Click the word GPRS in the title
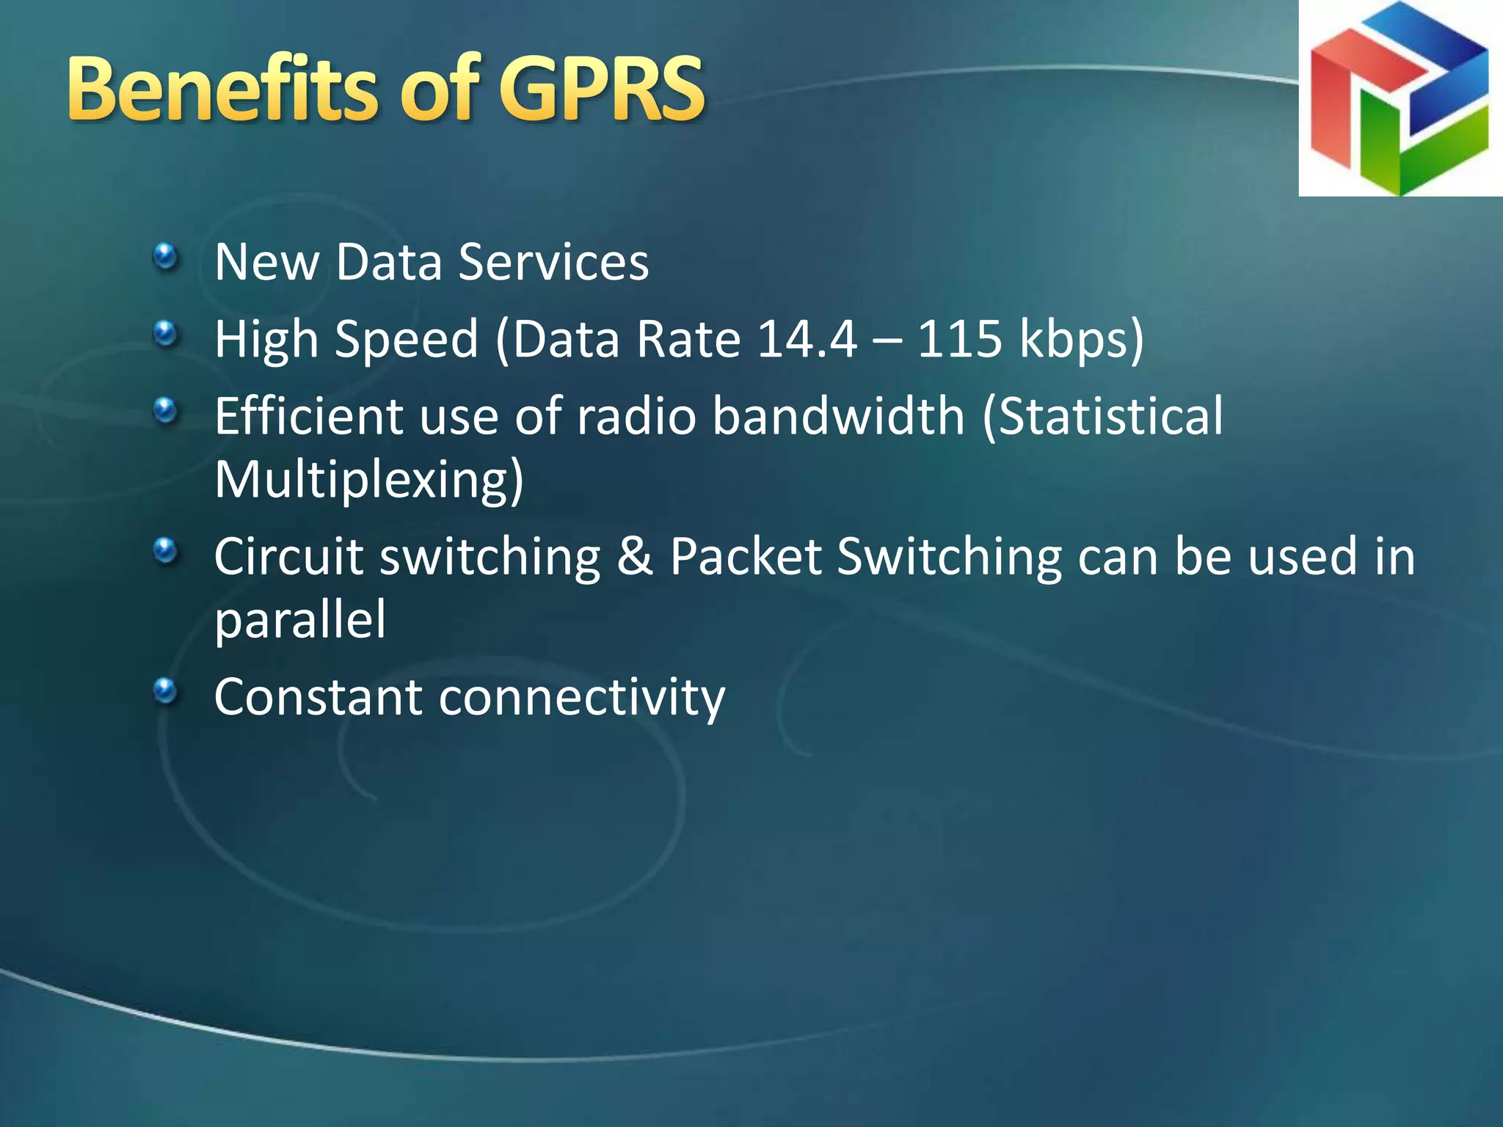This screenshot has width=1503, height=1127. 602,90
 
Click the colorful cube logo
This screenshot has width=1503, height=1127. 1400,98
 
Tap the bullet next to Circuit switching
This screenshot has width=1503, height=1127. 166,551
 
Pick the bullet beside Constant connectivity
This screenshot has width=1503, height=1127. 166,691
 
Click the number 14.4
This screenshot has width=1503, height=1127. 807,339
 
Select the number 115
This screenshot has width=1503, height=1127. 959,339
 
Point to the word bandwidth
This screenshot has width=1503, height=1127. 838,416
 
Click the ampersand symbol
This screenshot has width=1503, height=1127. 635,556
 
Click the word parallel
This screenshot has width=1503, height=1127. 299,621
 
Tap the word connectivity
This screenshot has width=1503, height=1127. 581,697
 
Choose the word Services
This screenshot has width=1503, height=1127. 553,262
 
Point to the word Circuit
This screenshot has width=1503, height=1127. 289,556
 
